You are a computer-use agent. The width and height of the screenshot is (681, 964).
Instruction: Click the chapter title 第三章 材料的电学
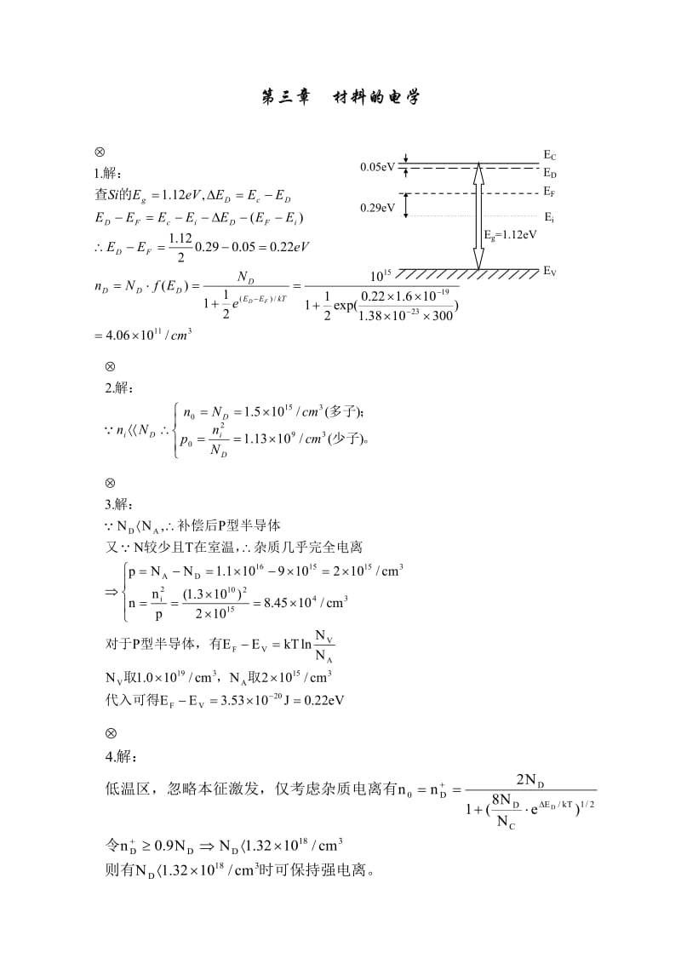coord(340,99)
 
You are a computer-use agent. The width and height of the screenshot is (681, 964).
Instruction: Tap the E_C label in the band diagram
coord(550,156)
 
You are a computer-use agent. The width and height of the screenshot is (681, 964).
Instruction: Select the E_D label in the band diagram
coord(550,172)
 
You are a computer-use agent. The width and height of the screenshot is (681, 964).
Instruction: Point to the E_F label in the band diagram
coord(550,192)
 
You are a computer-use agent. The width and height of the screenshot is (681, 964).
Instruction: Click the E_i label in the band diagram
coord(549,217)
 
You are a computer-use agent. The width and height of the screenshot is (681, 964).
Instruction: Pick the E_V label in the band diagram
coord(550,272)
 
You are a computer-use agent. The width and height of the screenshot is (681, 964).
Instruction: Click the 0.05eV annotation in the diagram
coord(377,167)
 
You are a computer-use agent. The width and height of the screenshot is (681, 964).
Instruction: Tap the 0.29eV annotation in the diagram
coord(377,207)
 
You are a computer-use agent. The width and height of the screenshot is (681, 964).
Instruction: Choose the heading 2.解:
coord(119,388)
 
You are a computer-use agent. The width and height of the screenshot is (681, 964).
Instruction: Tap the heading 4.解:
coord(119,755)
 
